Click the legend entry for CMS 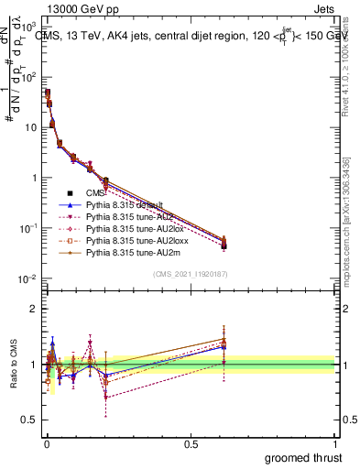(95, 192)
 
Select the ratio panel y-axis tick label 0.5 (29, 420)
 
